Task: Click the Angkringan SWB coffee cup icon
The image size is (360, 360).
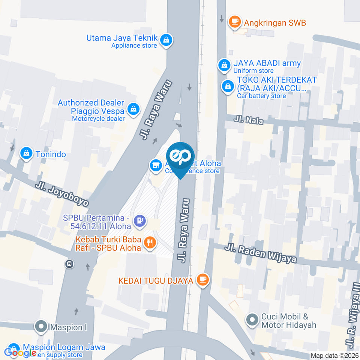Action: coord(235,21)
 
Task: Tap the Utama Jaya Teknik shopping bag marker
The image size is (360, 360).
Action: coord(166,39)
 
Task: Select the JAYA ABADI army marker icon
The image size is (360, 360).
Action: coord(224,65)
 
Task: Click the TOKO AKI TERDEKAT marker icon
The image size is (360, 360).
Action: coord(227,87)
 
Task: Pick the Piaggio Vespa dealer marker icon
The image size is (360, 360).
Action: coord(132,109)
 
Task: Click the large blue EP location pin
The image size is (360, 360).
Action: coord(180,157)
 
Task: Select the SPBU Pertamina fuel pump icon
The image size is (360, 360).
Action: coord(140,220)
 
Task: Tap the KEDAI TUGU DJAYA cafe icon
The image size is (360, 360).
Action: coord(203,279)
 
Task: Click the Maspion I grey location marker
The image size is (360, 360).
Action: coord(40,327)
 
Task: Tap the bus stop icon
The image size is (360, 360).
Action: coord(69,264)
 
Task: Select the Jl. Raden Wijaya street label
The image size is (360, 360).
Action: coord(261,253)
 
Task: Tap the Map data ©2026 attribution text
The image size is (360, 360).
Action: coord(335,355)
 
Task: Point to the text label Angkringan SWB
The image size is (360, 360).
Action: coord(275,23)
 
